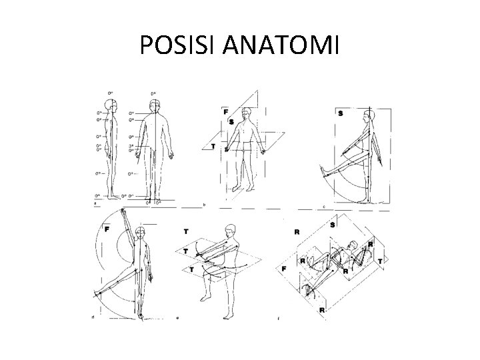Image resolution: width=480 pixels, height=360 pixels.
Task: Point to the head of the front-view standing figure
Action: pyautogui.click(x=155, y=105)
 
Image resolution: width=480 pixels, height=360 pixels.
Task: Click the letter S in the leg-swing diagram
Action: pyautogui.click(x=341, y=113)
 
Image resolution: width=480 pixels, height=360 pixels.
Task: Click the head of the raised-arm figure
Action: pyautogui.click(x=140, y=233)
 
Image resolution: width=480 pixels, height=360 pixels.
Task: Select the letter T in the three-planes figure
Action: pyautogui.click(x=213, y=147)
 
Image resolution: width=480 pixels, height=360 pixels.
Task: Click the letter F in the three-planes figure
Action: pyautogui.click(x=227, y=111)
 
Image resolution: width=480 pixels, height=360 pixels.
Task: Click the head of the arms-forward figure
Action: pyautogui.click(x=231, y=231)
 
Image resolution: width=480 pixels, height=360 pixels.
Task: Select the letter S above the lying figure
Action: pyautogui.click(x=331, y=225)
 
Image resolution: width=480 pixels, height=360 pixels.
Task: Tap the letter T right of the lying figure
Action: pyautogui.click(x=380, y=261)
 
